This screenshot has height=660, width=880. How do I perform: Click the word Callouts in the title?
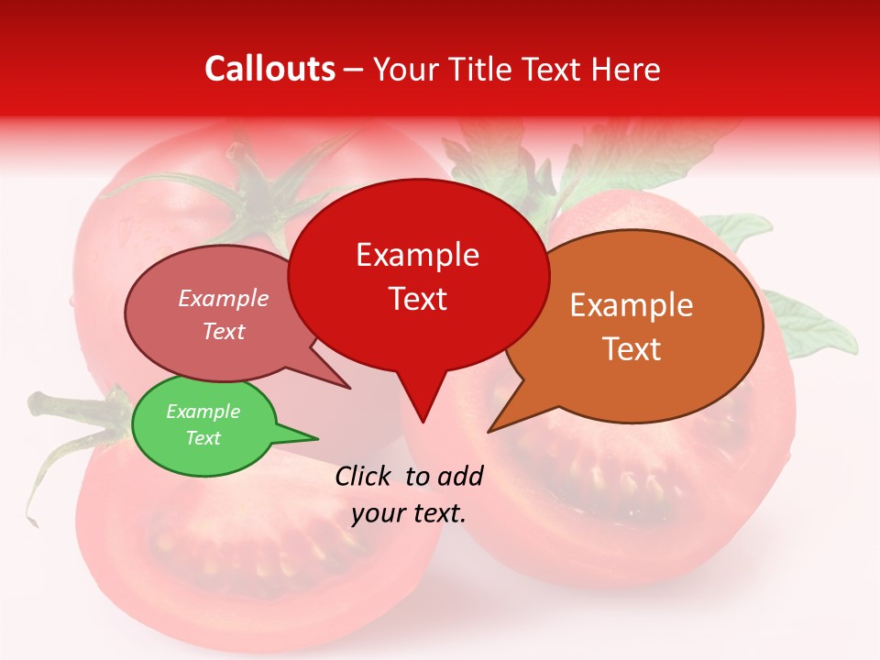[x=269, y=69]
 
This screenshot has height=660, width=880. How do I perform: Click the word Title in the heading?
[x=482, y=69]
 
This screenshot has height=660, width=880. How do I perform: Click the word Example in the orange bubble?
[x=631, y=305]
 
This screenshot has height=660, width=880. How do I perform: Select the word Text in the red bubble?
[x=418, y=299]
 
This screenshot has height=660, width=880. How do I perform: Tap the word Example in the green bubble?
[x=203, y=412]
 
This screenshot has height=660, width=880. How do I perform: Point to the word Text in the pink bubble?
[x=224, y=331]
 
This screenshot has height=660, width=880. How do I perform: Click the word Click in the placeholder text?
[x=364, y=476]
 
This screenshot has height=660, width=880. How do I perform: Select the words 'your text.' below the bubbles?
[x=409, y=513]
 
